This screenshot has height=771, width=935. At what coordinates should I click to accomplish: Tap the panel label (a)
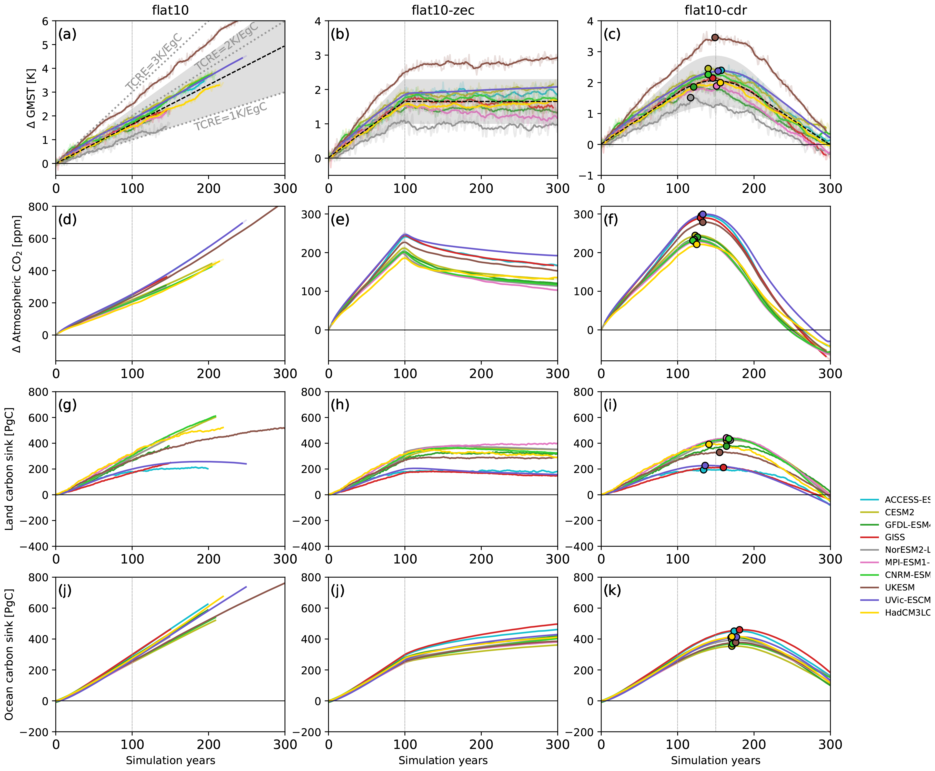point(67,34)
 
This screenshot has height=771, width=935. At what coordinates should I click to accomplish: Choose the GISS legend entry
point(895,537)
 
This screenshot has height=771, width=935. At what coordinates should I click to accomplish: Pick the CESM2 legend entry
point(899,512)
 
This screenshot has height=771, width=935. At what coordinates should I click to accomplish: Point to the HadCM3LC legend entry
point(907,612)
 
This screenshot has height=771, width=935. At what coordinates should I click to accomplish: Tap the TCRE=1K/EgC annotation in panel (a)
point(231,116)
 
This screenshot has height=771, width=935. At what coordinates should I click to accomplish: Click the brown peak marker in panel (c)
point(715,37)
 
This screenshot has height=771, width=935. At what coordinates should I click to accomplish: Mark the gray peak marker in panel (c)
point(690,98)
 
